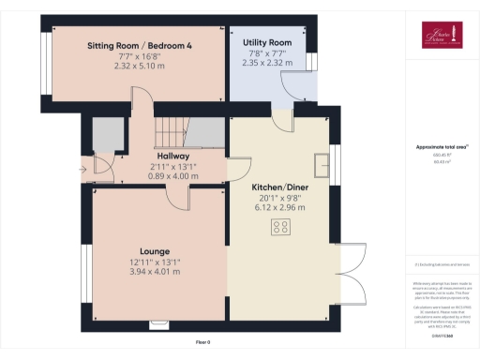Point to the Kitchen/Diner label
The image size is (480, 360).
click(282, 187)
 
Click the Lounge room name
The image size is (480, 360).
click(155, 251)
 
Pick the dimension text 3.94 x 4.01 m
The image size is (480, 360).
click(155, 272)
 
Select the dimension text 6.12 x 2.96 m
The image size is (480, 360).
click(282, 208)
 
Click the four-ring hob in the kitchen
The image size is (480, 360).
click(280, 227)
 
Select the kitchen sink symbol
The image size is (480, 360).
click(324, 164)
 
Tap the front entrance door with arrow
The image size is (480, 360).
click(99, 169)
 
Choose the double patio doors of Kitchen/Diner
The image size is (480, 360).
click(351, 272)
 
